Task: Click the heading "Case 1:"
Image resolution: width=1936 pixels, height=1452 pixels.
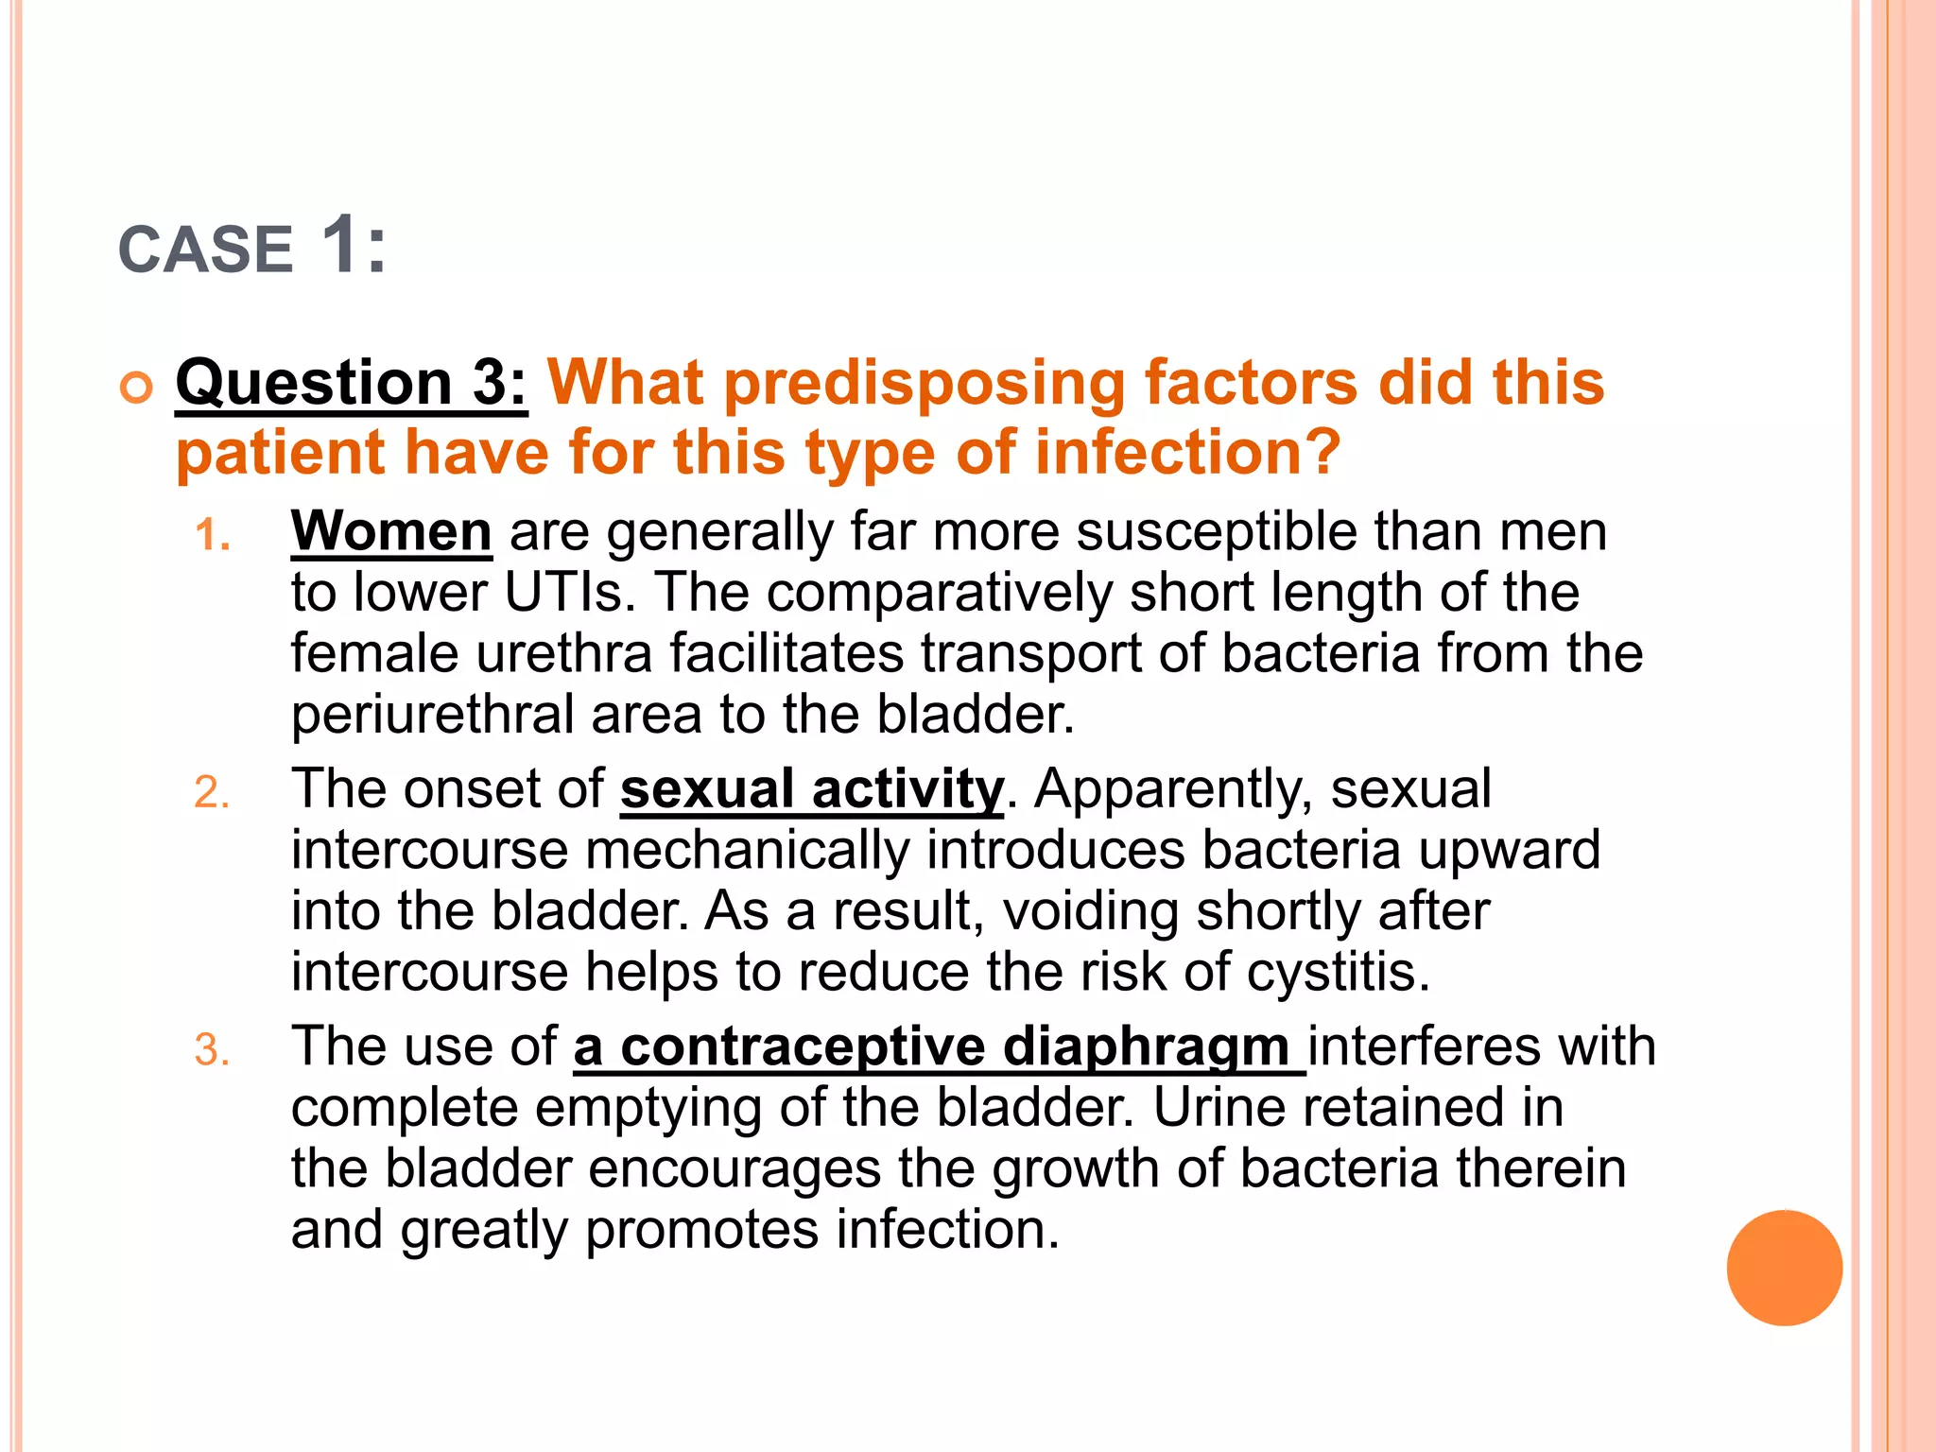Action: coord(252,248)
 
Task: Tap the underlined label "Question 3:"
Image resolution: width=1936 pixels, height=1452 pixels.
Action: coord(351,384)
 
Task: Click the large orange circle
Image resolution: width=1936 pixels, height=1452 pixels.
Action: coord(1784,1268)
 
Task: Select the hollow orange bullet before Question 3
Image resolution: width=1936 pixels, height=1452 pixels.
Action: coord(137,388)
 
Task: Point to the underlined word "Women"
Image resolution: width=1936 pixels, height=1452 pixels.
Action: coord(391,531)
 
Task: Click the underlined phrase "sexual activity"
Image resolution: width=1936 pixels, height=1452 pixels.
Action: coord(811,789)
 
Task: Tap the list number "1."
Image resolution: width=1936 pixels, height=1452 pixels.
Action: coord(213,536)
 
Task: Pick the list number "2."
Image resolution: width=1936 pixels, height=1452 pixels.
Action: coord(213,793)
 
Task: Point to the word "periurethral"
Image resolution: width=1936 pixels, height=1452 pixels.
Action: coord(432,715)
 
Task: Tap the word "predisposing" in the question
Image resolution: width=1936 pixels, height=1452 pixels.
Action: coord(925,384)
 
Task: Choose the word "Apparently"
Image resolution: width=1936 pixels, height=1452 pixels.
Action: coord(1172,789)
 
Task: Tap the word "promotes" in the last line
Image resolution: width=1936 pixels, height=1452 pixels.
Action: coord(701,1230)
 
